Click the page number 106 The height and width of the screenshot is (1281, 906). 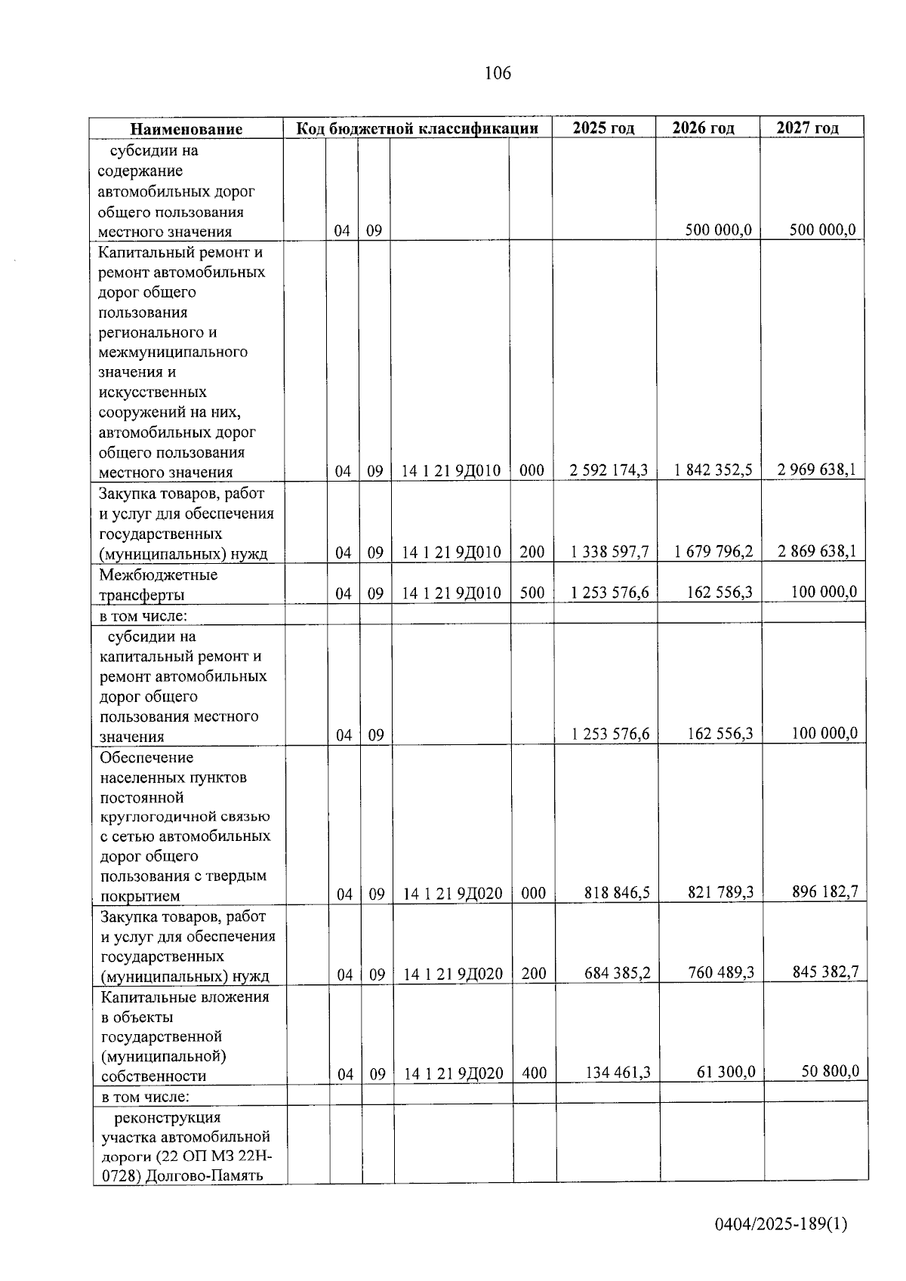(498, 73)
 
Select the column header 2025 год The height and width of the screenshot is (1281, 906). (603, 128)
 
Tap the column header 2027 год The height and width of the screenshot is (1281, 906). (808, 128)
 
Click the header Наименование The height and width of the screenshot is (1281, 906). (186, 129)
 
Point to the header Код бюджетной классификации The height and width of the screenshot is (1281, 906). (417, 128)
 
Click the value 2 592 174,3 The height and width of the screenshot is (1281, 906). (609, 470)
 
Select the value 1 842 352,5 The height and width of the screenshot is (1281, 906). (713, 470)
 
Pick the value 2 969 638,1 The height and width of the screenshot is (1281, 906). (817, 470)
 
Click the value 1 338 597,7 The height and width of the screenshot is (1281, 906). (610, 552)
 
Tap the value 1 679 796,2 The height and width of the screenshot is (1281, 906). (714, 552)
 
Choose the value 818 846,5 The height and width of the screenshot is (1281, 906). (617, 893)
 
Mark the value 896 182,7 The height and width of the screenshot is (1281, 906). (824, 891)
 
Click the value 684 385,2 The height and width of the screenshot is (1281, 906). (618, 973)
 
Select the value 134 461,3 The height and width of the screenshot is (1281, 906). (618, 1072)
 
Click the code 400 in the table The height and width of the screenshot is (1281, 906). (534, 1073)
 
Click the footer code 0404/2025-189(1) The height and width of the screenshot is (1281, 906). (781, 1224)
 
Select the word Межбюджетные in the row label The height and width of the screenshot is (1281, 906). (159, 574)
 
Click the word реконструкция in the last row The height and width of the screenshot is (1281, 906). (168, 1117)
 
